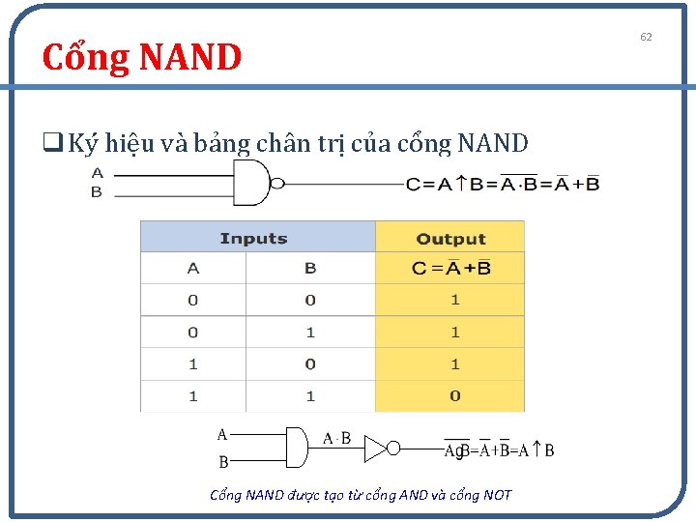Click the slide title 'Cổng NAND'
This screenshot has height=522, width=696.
click(141, 58)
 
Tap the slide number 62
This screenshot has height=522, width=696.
click(646, 37)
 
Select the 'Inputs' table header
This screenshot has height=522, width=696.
click(253, 238)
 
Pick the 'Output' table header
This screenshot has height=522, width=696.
click(449, 238)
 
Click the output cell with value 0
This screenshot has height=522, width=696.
click(454, 395)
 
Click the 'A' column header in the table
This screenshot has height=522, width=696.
click(193, 269)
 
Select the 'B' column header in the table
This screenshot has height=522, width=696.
click(309, 269)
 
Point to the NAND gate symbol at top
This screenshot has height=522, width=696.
click(250, 183)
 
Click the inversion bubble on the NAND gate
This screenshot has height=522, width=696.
click(276, 184)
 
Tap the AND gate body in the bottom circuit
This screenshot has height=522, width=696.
click(296, 447)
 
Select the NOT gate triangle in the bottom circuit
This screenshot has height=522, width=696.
click(375, 448)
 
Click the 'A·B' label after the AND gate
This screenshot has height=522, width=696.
click(336, 439)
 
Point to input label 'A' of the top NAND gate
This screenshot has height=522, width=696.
click(97, 173)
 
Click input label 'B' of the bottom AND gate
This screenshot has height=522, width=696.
click(223, 462)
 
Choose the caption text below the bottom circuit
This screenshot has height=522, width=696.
click(361, 495)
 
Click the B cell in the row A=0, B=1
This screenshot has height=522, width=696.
click(309, 333)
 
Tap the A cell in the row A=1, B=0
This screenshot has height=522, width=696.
click(193, 364)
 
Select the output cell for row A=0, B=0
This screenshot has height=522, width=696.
click(454, 301)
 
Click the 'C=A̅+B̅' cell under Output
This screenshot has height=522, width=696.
click(450, 269)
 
